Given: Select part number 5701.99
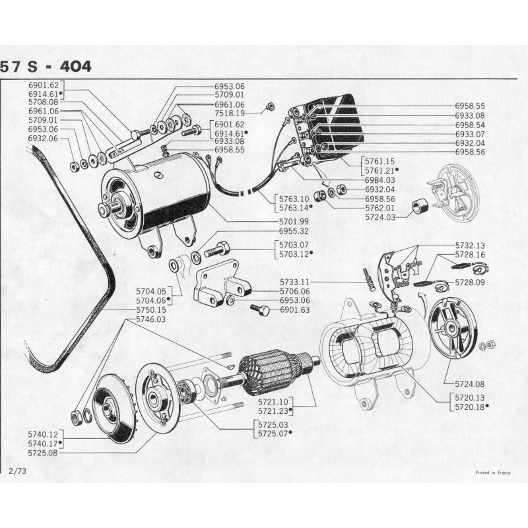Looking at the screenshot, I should [x=295, y=221].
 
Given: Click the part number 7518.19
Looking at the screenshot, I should [x=230, y=114].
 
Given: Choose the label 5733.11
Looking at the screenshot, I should [x=335, y=282].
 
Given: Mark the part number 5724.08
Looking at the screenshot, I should [x=470, y=383].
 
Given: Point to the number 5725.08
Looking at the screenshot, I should [x=43, y=453].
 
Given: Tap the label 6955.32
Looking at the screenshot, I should [x=295, y=231].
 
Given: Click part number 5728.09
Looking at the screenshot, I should [x=470, y=282].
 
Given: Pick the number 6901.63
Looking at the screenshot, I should [x=295, y=310].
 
